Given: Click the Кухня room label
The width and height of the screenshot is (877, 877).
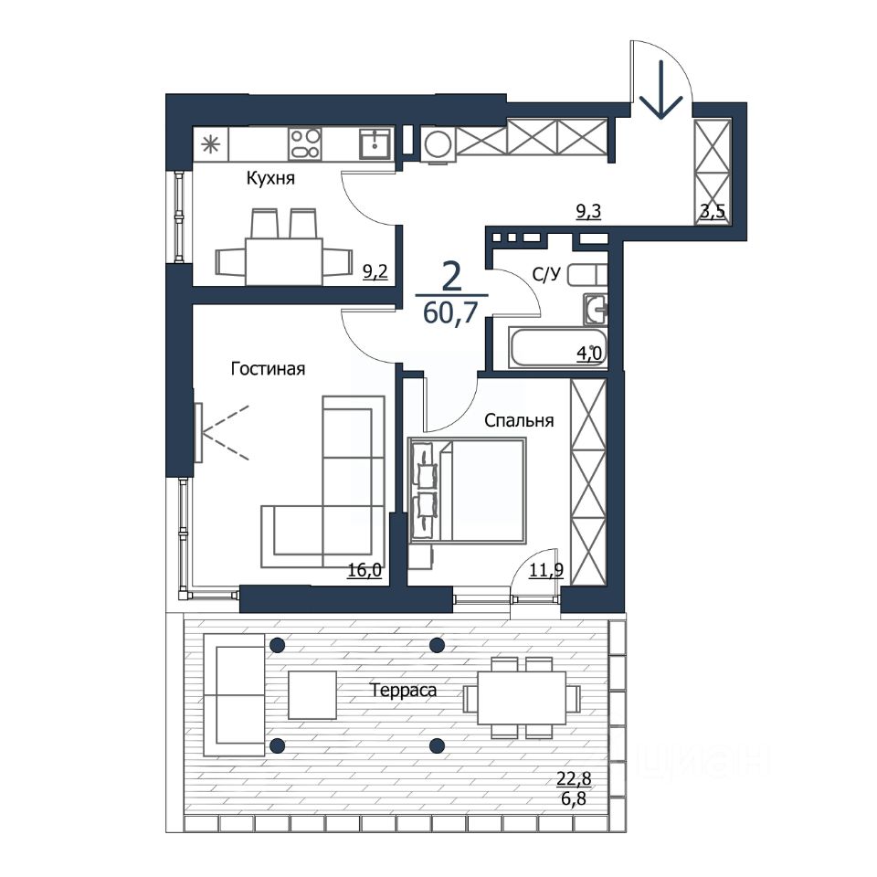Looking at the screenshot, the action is (270, 178).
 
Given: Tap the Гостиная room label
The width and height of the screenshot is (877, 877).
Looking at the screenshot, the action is (268, 369).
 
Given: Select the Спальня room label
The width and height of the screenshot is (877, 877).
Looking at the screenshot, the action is (519, 420).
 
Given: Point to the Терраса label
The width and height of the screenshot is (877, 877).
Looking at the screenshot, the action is (403, 691).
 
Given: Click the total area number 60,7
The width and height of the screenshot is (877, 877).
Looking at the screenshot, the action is (450, 312).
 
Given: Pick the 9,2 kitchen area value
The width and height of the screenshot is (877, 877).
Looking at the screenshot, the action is (375, 272).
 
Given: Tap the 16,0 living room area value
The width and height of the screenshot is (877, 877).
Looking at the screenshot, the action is (365, 570).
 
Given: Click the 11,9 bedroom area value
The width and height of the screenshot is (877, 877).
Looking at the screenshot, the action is (546, 570).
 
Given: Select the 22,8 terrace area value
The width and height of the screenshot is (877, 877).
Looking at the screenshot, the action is (574, 777).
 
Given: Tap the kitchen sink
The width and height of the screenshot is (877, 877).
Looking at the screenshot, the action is (375, 143).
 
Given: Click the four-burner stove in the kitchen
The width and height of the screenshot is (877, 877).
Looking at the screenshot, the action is (305, 143).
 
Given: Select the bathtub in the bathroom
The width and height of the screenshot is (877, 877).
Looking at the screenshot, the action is (557, 348).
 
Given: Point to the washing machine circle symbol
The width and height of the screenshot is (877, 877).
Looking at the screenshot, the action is (438, 144).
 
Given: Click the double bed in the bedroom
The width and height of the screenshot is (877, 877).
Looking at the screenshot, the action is (468, 491).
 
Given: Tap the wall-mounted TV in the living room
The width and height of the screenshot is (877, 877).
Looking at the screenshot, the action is (197, 432).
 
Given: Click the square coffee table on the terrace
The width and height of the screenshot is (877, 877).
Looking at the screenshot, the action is (312, 694).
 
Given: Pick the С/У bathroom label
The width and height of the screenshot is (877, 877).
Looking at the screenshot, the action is (546, 275).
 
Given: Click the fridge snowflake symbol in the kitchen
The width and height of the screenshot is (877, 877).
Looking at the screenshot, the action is (211, 144).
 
